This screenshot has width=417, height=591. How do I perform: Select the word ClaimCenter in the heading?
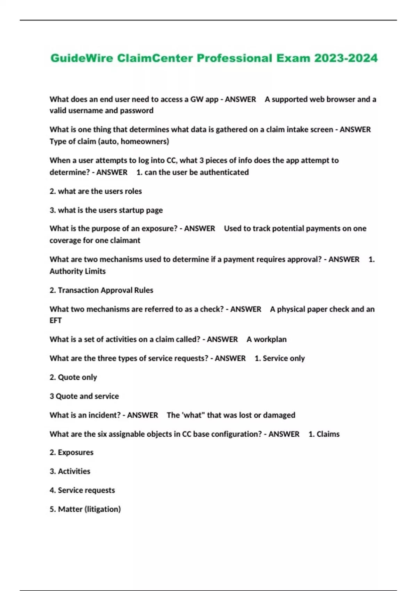pyautogui.click(x=155, y=58)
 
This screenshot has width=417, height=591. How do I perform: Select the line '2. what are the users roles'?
pyautogui.click(x=96, y=191)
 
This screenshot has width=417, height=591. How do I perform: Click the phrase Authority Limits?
pyautogui.click(x=77, y=272)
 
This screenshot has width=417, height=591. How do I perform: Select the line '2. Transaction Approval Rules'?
pyautogui.click(x=101, y=290)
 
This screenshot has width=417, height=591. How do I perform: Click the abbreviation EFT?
pyautogui.click(x=56, y=321)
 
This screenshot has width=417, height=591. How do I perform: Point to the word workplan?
pyautogui.click(x=270, y=339)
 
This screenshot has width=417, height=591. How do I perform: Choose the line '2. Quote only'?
pyautogui.click(x=73, y=377)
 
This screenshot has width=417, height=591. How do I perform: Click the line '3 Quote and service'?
pyautogui.click(x=84, y=396)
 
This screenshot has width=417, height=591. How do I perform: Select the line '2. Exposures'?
pyautogui.click(x=71, y=453)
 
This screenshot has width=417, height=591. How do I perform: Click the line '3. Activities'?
pyautogui.click(x=70, y=471)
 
